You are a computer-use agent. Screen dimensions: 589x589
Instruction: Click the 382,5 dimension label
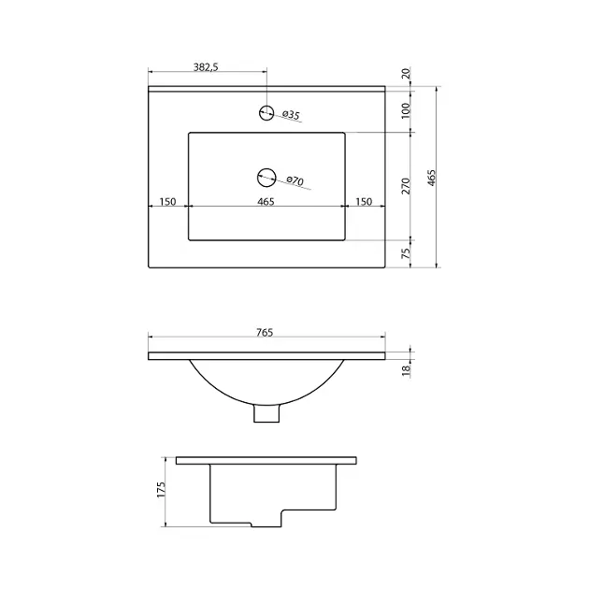[206, 67]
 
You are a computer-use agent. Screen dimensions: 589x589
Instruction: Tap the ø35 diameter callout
[291, 115]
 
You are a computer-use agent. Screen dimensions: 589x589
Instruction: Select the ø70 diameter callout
[294, 180]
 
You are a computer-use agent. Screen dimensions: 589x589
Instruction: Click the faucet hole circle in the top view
[266, 112]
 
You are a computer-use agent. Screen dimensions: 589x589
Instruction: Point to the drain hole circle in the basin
[266, 178]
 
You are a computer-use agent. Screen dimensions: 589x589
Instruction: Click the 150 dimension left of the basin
[167, 202]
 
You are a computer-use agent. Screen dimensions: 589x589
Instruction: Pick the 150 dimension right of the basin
[364, 202]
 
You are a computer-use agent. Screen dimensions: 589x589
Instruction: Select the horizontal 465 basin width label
[266, 202]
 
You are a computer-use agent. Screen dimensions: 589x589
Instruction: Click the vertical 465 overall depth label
[432, 178]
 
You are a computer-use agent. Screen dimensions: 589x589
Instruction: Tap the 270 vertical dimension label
[406, 186]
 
